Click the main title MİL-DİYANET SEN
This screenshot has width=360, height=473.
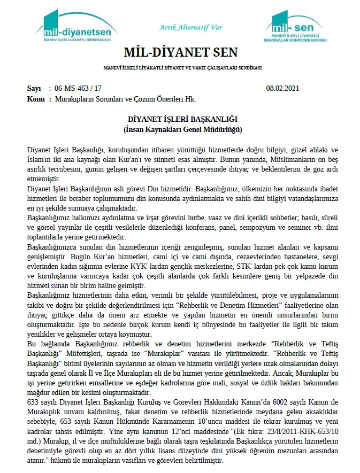coord(180,53)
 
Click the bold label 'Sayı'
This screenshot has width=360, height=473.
coord(33,88)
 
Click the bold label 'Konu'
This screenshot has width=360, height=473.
coord(35,99)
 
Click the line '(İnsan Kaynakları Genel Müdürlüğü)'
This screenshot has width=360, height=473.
coord(180,129)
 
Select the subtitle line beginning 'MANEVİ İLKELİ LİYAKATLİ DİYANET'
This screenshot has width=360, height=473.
coord(180,68)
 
